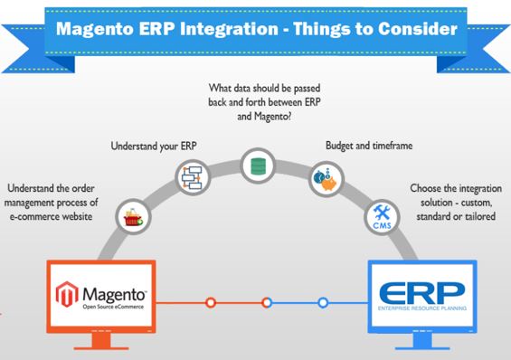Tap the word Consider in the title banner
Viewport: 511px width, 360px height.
[407, 29]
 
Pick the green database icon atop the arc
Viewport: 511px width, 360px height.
[256, 164]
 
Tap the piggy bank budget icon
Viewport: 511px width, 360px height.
[322, 176]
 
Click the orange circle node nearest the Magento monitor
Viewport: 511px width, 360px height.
[210, 302]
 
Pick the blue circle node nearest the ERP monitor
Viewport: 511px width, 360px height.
[323, 302]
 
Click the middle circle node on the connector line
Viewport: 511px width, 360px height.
[267, 302]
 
